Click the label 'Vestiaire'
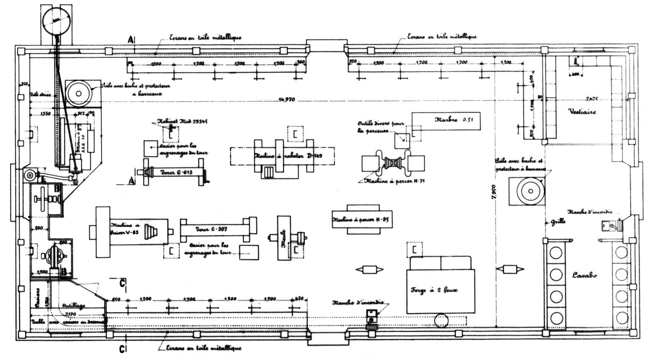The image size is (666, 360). (582, 111)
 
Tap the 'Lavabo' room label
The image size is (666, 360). (584, 275)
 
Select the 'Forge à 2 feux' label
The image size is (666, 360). (434, 290)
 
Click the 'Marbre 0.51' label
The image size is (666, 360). (454, 120)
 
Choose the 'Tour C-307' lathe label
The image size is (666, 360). (211, 229)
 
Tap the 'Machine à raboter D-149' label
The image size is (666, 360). (288, 156)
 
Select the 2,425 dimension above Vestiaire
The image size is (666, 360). (592, 99)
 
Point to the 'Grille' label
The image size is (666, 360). (558, 222)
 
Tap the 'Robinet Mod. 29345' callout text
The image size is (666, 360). (183, 121)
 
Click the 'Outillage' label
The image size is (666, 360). (73, 305)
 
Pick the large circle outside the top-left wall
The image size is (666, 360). (56, 22)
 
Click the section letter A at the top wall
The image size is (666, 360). (130, 39)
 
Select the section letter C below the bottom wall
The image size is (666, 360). (121, 349)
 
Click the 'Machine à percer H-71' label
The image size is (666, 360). (395, 181)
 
